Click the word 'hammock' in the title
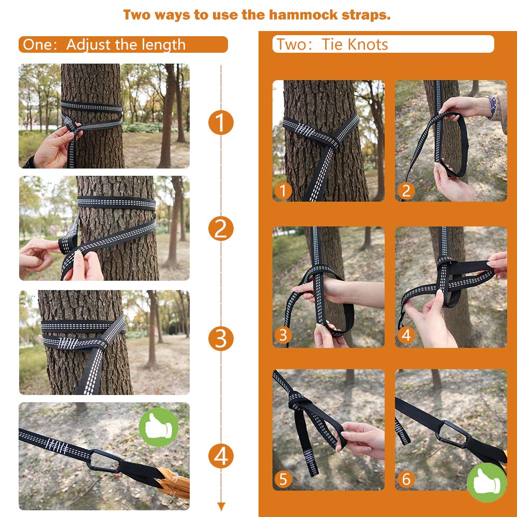pyautogui.click(x=303, y=15)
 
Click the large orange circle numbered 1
pyautogui.click(x=221, y=123)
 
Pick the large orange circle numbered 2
pyautogui.click(x=221, y=229)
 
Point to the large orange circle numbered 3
pyautogui.click(x=221, y=339)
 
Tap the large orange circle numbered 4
pyautogui.click(x=221, y=457)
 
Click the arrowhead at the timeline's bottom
pyautogui.click(x=221, y=507)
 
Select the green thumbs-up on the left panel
pyautogui.click(x=159, y=427)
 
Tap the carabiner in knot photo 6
pyautogui.click(x=452, y=434)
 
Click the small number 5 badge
pyautogui.click(x=283, y=479)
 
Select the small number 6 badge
pyautogui.click(x=406, y=479)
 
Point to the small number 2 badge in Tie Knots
pyautogui.click(x=406, y=191)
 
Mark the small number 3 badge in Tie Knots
pyautogui.click(x=283, y=335)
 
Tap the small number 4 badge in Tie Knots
pyautogui.click(x=406, y=335)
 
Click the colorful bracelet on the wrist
pyautogui.click(x=492, y=107)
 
